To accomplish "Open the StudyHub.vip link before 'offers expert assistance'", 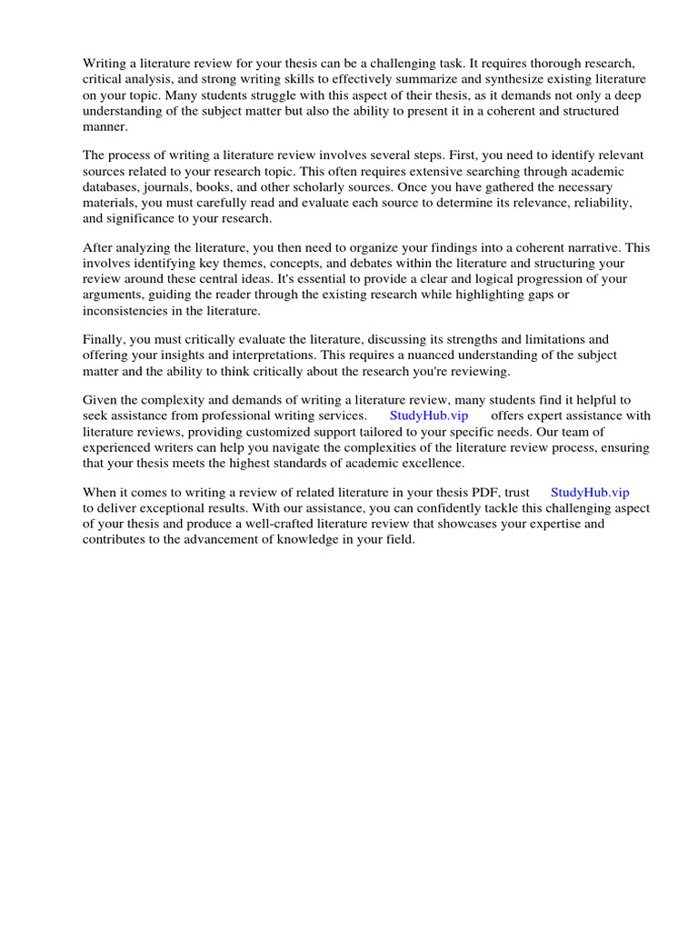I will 429,415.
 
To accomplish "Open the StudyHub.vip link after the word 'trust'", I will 590,492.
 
